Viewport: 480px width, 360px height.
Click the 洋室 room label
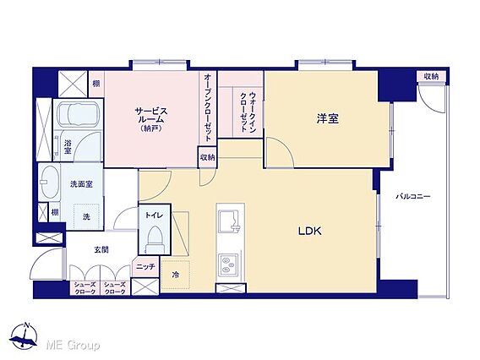328,118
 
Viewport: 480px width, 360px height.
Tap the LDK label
310,231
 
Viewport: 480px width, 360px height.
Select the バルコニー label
413,196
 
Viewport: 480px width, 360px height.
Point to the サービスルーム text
151,115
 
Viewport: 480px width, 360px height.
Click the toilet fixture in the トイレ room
155,240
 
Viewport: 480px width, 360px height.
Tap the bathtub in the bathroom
79,114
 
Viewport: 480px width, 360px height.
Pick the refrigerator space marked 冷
176,275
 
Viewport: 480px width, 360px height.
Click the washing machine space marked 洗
86,216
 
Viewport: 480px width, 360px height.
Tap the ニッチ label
145,267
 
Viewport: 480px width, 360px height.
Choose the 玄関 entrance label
101,250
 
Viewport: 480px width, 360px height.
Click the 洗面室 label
81,184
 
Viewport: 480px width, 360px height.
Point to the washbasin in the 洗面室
49,183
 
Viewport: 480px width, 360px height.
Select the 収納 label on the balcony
431,77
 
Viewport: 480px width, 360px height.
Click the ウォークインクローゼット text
248,112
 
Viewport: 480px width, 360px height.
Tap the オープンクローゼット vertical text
208,107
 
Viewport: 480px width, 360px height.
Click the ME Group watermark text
73,345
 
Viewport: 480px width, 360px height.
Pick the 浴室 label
68,146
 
